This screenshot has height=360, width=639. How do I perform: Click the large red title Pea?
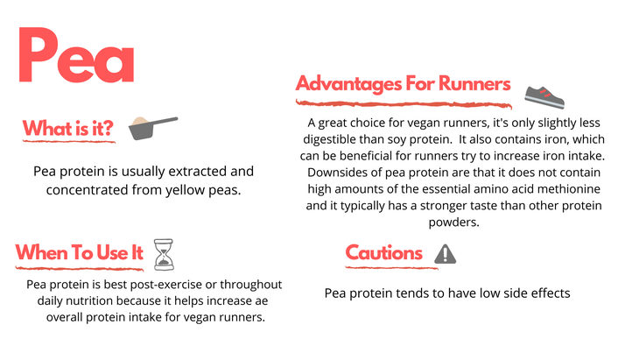pos(76,55)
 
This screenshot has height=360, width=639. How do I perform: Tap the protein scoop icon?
pos(153,128)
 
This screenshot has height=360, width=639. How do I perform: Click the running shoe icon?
pos(544,97)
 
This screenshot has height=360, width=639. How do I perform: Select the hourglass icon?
pos(164,254)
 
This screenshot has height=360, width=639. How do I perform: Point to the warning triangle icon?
pos(445,254)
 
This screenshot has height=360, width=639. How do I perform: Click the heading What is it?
pos(67,129)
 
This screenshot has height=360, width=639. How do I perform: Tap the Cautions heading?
pos(384,253)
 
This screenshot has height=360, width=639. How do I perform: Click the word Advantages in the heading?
pos(349,84)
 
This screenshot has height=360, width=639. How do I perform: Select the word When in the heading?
pos(41,252)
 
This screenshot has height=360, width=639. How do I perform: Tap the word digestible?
pos(329,140)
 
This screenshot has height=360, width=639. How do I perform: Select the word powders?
pos(453,222)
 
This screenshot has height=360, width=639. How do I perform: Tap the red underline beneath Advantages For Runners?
pos(404,104)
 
